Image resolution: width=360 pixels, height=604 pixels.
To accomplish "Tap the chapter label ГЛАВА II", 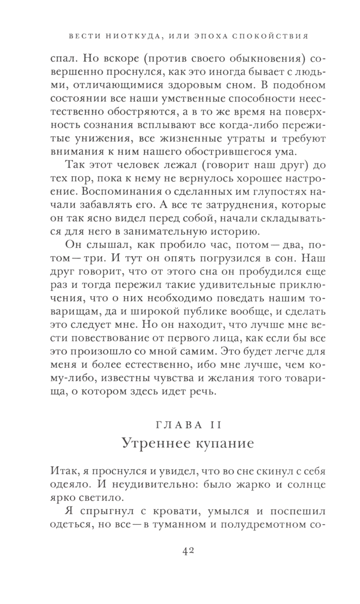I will point(188,425).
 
